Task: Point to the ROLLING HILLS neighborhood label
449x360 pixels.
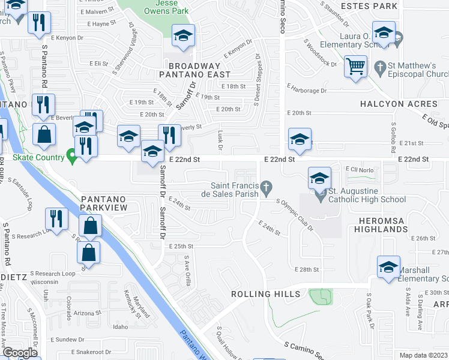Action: click(266, 294)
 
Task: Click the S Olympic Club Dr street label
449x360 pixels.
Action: click(295, 215)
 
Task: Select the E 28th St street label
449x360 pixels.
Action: click(306, 270)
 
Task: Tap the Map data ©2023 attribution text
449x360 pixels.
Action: click(424, 355)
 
